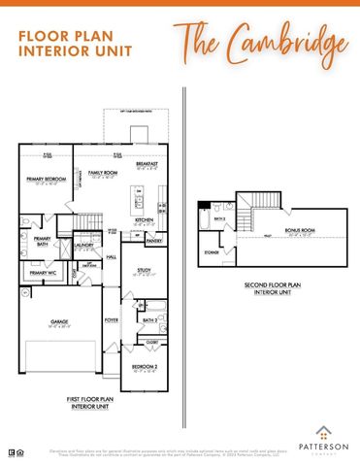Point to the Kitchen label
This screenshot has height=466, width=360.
(x=145, y=219)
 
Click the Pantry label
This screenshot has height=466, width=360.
(x=153, y=240)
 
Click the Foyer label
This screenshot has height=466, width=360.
(x=112, y=319)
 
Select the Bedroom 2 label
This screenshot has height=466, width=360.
(x=143, y=367)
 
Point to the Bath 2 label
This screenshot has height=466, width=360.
(x=149, y=319)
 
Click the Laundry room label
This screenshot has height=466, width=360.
(x=84, y=246)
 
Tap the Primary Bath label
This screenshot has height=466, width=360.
(x=42, y=240)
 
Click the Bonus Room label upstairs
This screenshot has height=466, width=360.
(x=296, y=230)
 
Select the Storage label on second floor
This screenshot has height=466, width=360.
(x=212, y=254)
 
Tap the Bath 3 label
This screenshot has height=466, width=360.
(x=220, y=219)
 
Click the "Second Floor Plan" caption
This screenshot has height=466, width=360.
(x=273, y=287)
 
